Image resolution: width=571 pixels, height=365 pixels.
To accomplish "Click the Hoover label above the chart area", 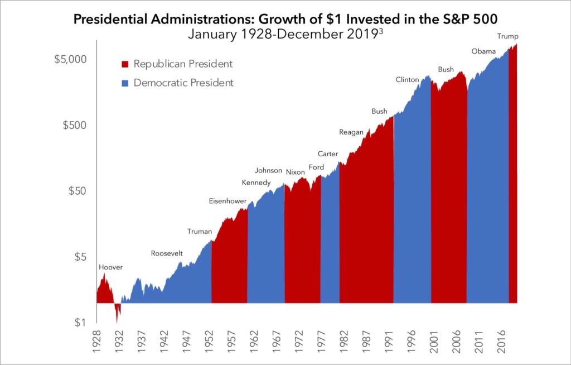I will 110,267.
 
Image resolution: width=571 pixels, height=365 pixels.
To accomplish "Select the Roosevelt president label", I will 167,253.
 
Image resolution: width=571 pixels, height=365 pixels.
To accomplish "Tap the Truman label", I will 200,231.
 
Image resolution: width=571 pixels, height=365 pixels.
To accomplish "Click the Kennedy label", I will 256,183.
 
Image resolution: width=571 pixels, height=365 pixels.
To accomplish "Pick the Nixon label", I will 296,172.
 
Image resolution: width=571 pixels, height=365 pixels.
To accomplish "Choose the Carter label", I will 328,153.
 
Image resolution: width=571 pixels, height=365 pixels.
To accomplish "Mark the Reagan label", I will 351,132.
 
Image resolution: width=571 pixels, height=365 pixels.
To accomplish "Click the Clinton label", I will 407,80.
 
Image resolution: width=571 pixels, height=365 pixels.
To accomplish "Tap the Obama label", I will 483,51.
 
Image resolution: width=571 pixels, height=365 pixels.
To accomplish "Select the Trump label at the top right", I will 507,37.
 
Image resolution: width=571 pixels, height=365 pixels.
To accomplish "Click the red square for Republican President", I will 125,64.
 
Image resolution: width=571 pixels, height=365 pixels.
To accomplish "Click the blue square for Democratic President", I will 125,83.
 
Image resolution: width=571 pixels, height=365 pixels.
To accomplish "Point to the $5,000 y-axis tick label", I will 70,59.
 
